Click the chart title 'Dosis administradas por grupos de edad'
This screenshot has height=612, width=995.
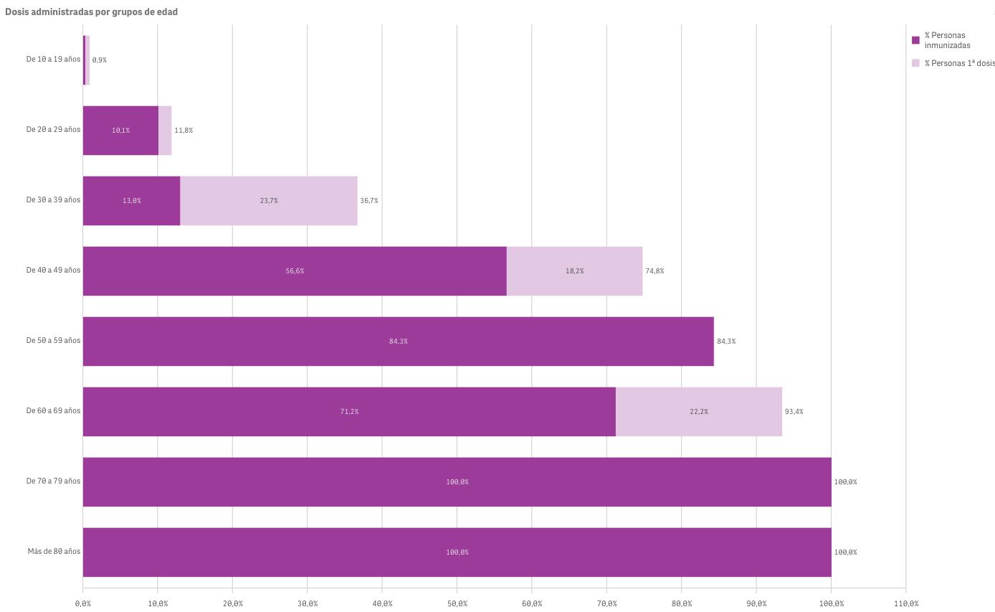click(91, 12)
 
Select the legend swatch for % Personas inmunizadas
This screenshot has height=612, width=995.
click(915, 40)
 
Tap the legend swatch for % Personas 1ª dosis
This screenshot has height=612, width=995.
click(915, 63)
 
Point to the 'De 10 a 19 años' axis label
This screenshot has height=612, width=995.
click(53, 60)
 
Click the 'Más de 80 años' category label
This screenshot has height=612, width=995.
click(54, 552)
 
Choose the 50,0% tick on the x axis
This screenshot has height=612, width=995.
click(457, 603)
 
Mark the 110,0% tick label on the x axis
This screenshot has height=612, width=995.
click(906, 603)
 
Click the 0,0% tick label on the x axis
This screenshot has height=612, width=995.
click(83, 603)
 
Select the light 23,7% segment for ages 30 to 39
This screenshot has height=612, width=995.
click(269, 201)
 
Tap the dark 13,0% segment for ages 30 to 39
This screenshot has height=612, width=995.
click(131, 201)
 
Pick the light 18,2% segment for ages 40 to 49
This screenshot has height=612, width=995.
click(574, 271)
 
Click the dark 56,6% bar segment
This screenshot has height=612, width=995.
click(295, 271)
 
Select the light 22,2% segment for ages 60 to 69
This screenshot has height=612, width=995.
click(699, 412)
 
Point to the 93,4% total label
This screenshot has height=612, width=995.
click(794, 412)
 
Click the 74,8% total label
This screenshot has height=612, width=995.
click(654, 271)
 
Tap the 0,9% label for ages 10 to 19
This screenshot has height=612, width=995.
click(99, 60)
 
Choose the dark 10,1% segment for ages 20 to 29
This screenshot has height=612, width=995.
click(120, 131)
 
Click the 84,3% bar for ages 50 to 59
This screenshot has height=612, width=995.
click(398, 342)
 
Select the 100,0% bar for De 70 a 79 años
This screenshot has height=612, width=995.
click(457, 482)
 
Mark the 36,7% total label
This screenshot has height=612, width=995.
click(368, 201)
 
